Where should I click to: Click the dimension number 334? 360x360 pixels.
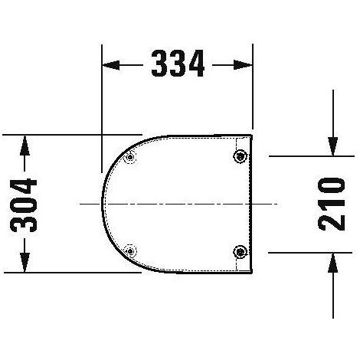pyautogui.click(x=178, y=64)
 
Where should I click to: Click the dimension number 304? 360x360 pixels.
pyautogui.click(x=24, y=205)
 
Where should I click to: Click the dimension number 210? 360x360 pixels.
pyautogui.click(x=332, y=204)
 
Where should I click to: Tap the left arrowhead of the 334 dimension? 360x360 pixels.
pyautogui.click(x=111, y=65)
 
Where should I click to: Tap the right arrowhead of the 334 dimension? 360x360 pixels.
pyautogui.click(x=243, y=65)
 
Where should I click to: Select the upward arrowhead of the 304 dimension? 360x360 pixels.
pyautogui.click(x=25, y=146)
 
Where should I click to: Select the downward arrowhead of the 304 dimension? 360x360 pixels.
pyautogui.click(x=25, y=262)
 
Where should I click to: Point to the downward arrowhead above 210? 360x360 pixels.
pyautogui.click(x=333, y=146)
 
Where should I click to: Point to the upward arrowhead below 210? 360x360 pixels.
pyautogui.click(x=333, y=263)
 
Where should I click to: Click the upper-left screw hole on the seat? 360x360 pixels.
pyautogui.click(x=130, y=157)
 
